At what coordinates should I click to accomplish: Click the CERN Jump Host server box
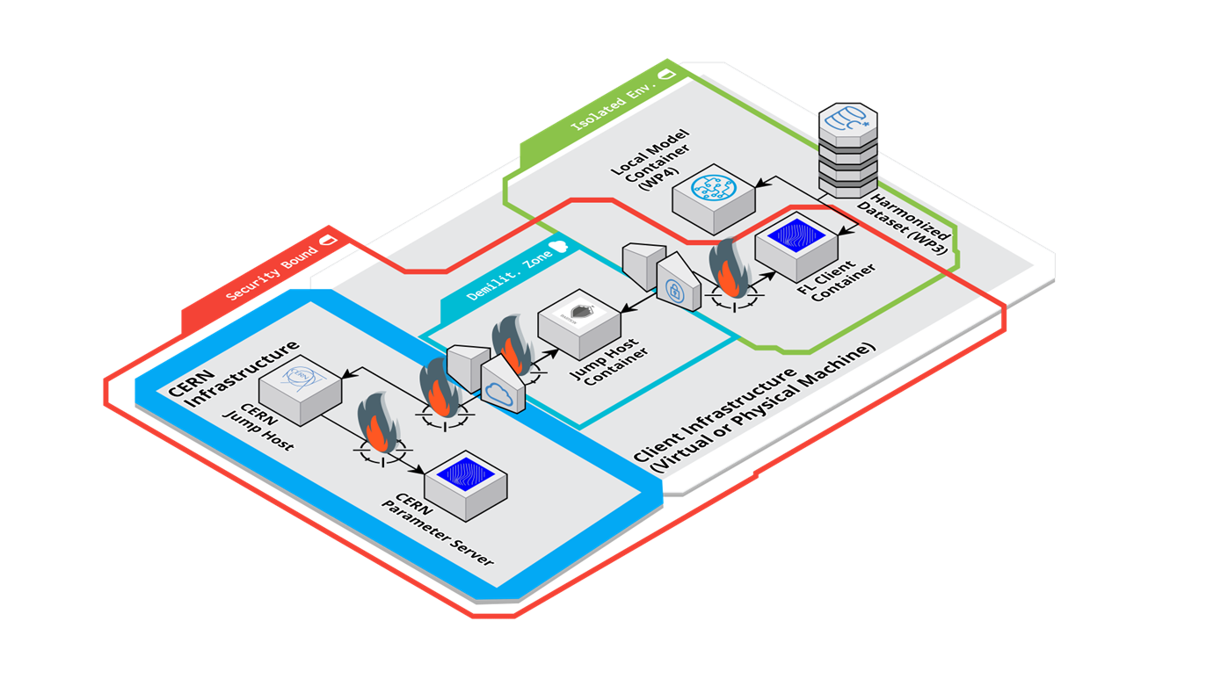(300, 394)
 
